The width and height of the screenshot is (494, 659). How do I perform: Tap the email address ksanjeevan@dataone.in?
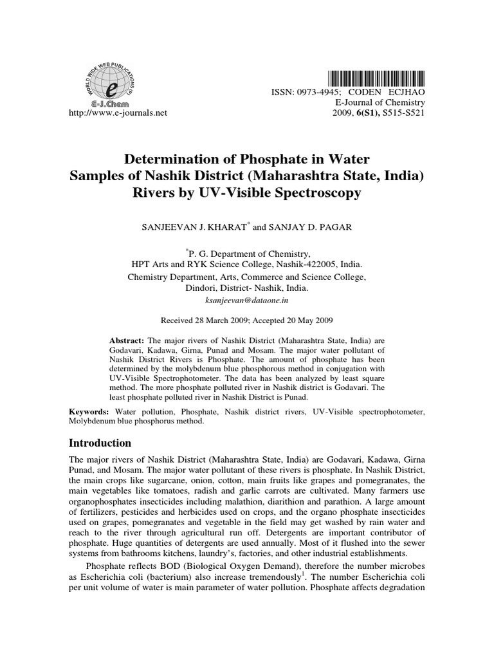pyautogui.click(x=246, y=301)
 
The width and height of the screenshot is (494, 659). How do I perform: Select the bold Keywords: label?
pyautogui.click(x=91, y=411)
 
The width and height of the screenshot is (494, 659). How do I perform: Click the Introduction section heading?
pyautogui.click(x=100, y=443)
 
